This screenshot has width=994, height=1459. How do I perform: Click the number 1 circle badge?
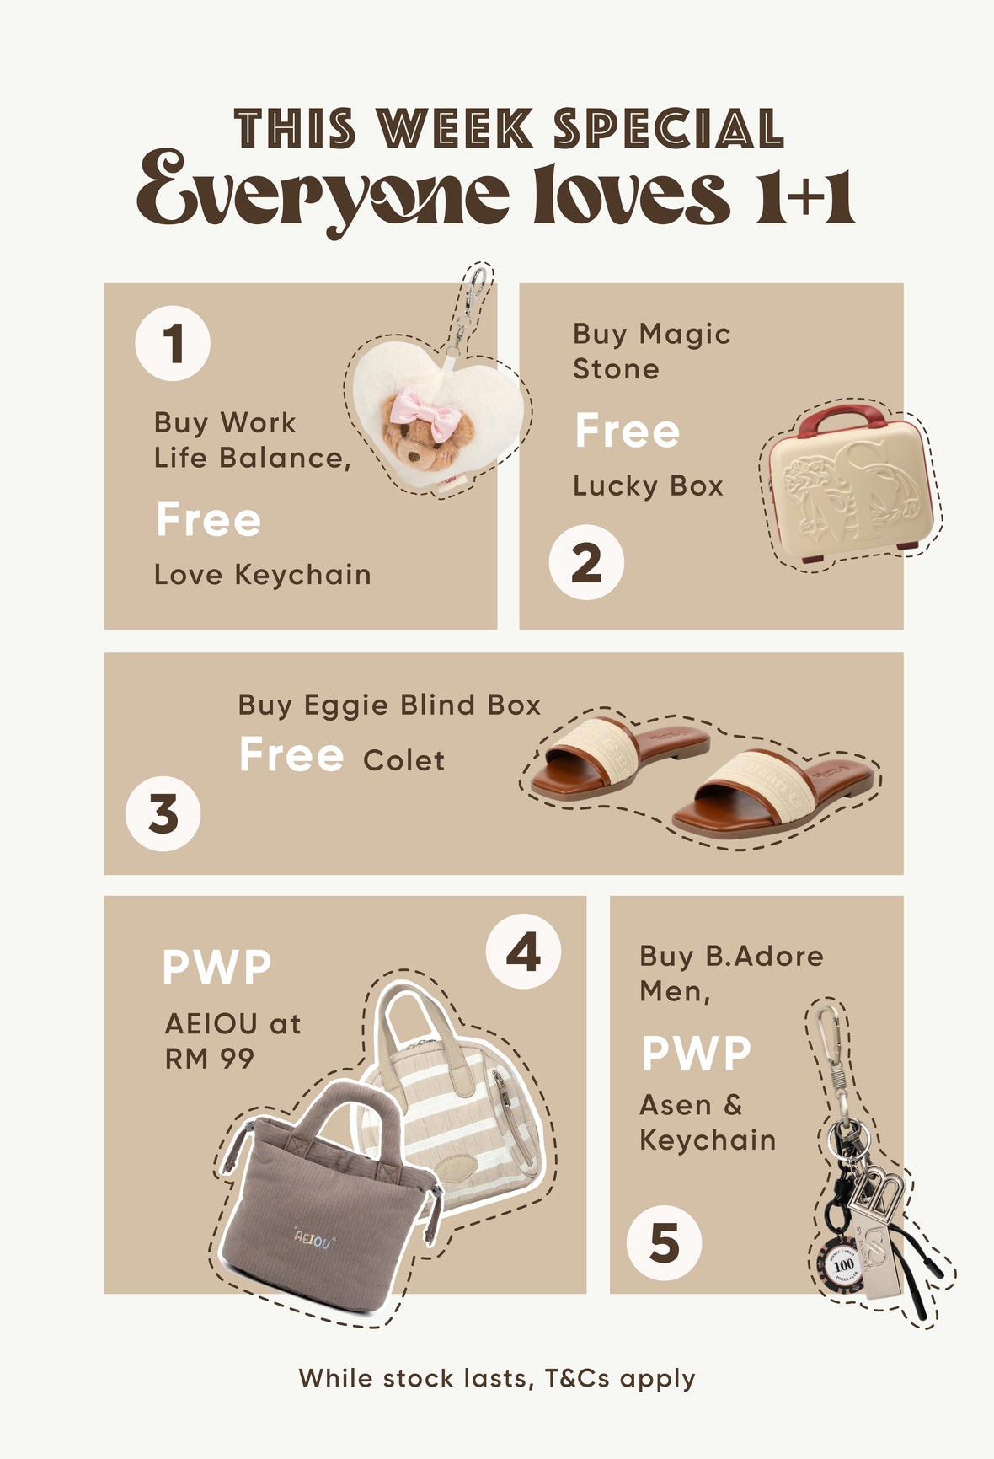point(173,343)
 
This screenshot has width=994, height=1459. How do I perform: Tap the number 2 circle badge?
point(586,563)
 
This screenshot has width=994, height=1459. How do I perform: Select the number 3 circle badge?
point(163,814)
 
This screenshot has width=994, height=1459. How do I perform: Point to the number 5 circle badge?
point(664,1243)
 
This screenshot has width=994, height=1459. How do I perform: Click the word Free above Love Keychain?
point(209,519)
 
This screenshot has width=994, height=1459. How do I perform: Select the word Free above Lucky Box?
point(628,431)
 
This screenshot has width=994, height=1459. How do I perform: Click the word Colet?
point(404,760)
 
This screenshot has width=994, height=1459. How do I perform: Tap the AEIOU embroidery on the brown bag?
point(313,1238)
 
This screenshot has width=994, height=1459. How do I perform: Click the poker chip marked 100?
point(843,1263)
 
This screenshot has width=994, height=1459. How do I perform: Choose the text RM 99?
point(210,1059)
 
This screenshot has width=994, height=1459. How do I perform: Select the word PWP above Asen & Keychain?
point(696,1054)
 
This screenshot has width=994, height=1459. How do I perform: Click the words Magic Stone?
point(652,351)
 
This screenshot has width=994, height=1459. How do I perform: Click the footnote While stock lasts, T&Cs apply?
point(497,1378)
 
